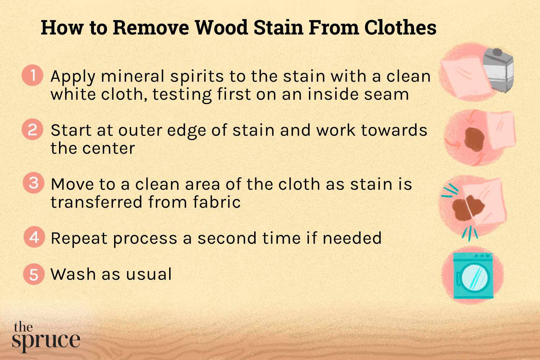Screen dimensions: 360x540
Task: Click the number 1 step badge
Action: (x=33, y=76)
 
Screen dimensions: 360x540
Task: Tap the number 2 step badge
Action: (x=33, y=130)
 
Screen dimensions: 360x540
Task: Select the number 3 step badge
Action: (x=33, y=183)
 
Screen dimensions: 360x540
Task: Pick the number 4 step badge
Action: (x=34, y=238)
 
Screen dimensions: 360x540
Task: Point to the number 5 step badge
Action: (x=34, y=274)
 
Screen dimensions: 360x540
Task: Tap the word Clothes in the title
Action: (x=400, y=27)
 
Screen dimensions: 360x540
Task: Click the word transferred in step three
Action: (x=96, y=202)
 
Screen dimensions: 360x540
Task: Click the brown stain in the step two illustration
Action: (x=474, y=139)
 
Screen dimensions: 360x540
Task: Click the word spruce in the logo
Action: (x=46, y=341)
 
